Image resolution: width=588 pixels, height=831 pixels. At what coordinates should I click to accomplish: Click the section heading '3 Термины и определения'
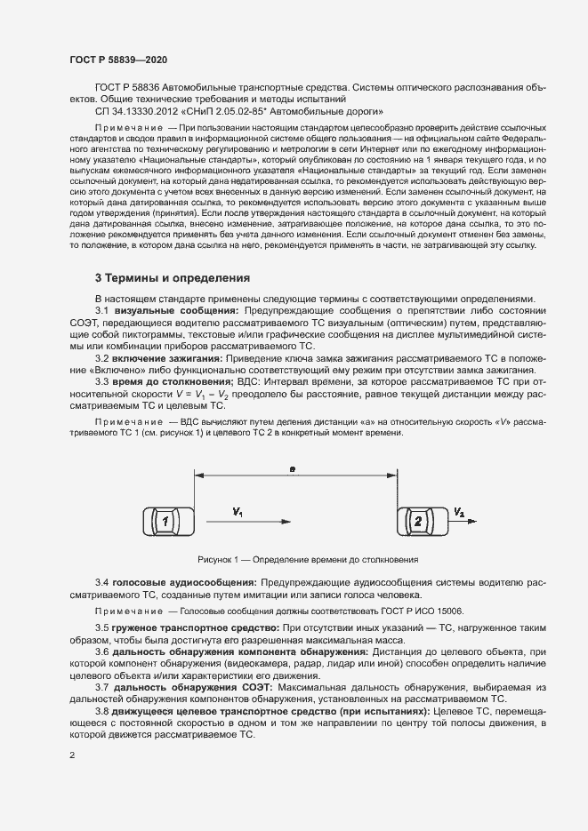click(173, 278)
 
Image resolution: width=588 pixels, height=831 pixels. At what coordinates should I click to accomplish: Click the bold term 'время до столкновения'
click(173, 380)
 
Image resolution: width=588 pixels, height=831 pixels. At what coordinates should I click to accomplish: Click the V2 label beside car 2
click(458, 513)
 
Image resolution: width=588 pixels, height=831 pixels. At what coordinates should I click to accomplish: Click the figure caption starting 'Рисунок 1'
click(294, 560)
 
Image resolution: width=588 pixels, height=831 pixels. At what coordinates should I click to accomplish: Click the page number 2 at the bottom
click(72, 755)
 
